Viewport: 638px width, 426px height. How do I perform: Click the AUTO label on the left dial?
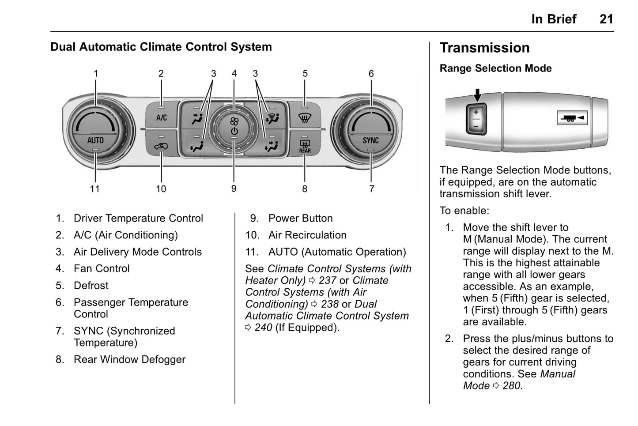tap(95, 140)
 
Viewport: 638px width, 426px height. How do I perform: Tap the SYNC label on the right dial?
tap(370, 140)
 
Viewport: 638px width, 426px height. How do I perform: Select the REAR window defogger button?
tap(305, 145)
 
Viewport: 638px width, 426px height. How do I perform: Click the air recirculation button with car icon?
tap(161, 145)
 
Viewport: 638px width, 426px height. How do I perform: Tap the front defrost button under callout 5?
tap(304, 117)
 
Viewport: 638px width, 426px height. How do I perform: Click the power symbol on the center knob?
tap(234, 131)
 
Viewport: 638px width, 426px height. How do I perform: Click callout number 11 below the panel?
tap(95, 189)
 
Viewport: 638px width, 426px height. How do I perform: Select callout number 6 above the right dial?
tap(371, 74)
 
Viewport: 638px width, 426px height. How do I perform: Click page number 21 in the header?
tap(606, 19)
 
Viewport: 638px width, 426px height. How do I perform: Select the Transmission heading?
tap(484, 48)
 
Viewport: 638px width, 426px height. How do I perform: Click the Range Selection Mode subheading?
tap(495, 68)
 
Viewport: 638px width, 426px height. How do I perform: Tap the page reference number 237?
tap(327, 280)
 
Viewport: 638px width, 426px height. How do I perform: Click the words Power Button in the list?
tap(300, 218)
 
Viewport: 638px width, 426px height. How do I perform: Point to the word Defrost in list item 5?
tap(91, 286)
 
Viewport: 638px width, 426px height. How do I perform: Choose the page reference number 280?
tap(511, 385)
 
